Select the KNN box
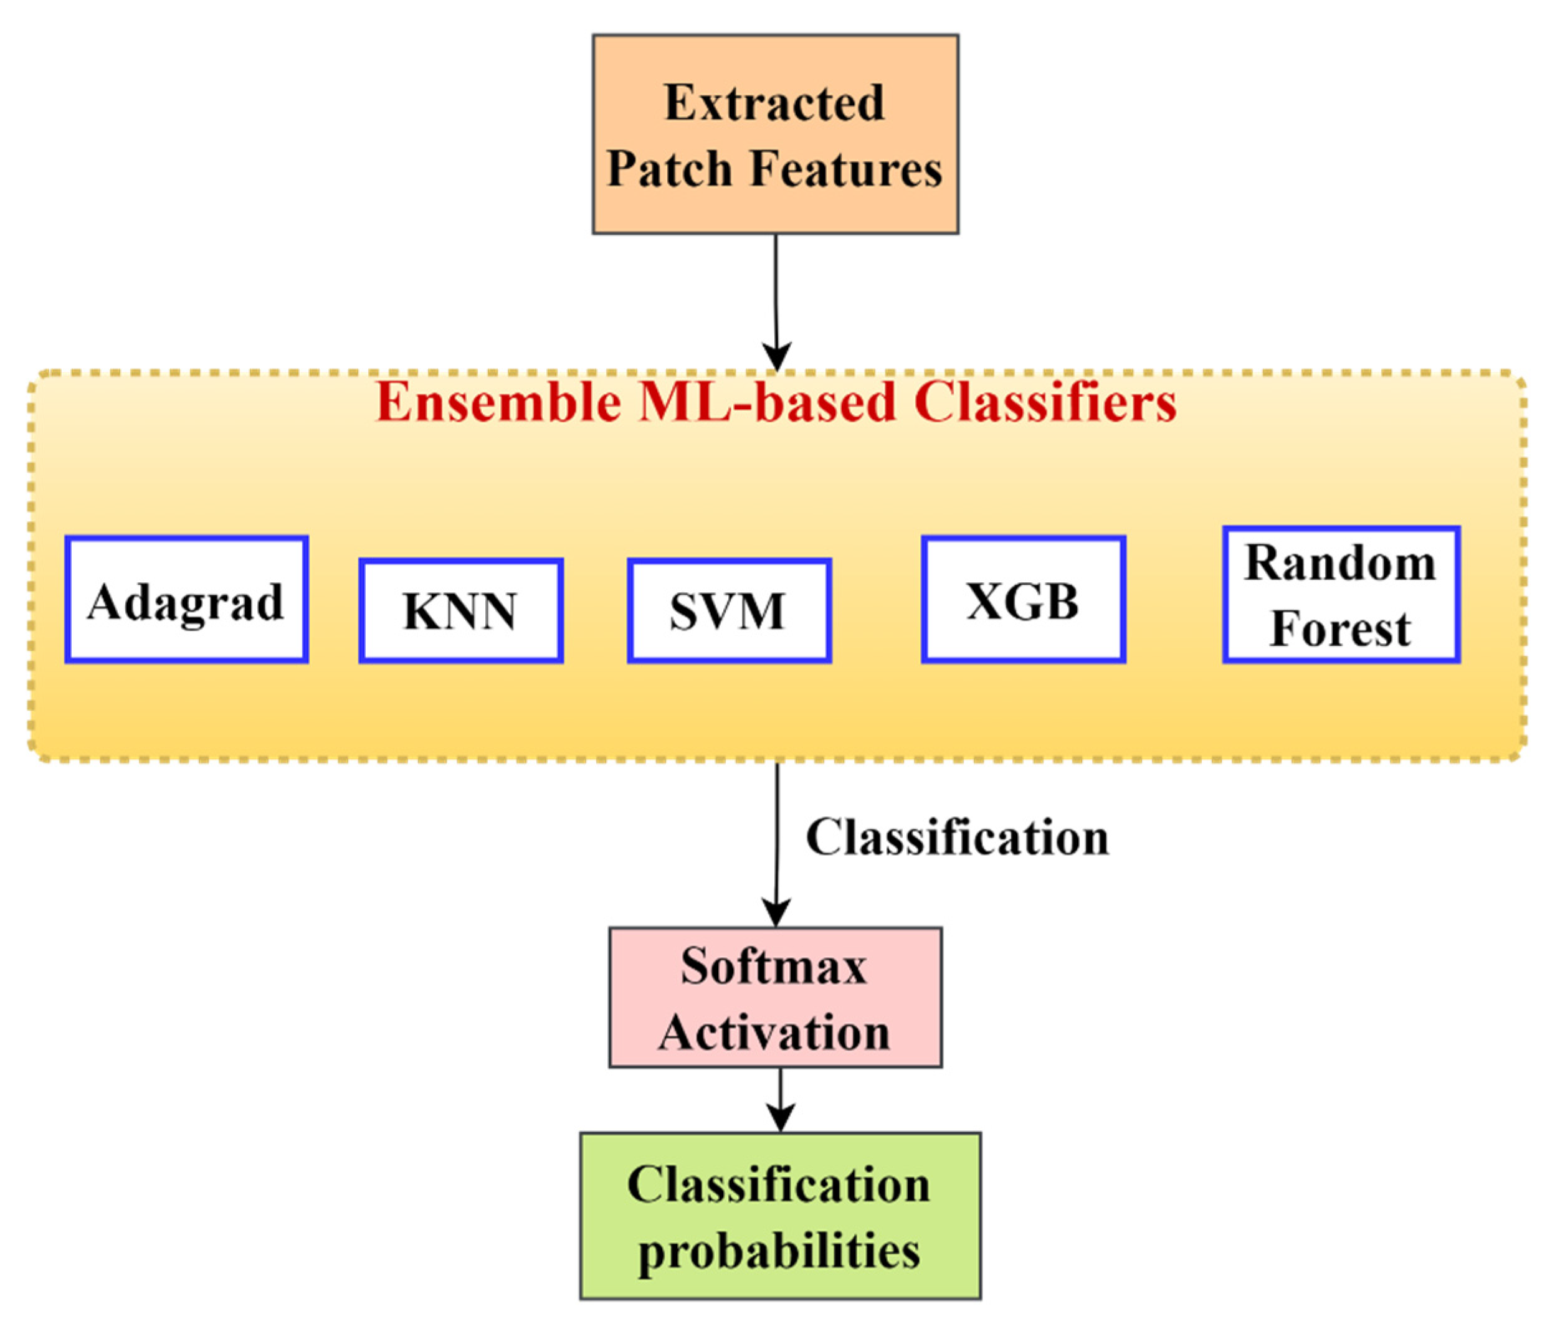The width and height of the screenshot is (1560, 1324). click(461, 610)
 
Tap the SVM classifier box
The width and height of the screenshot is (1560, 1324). click(729, 610)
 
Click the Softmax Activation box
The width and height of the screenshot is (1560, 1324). click(775, 998)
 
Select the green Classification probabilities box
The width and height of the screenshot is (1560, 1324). click(780, 1215)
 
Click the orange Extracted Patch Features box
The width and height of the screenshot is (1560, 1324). click(775, 134)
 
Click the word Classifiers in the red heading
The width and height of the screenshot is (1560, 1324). click(1045, 402)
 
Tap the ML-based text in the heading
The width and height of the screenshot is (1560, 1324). click(768, 402)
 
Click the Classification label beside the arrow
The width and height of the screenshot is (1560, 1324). click(957, 837)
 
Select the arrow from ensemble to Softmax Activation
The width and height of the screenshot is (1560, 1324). click(776, 845)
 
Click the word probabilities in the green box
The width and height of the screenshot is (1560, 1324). click(779, 1251)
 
